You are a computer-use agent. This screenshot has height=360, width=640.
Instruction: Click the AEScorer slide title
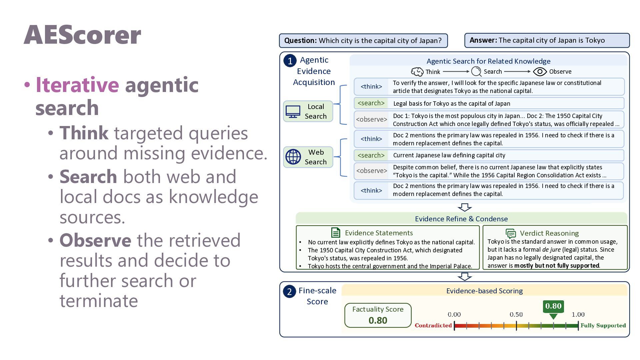pos(82,35)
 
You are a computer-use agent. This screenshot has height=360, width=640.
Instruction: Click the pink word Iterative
pos(77,85)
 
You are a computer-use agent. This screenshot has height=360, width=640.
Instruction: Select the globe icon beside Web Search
pos(293,157)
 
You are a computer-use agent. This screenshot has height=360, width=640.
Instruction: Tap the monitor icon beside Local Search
pos(293,111)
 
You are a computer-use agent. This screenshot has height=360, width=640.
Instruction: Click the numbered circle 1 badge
pos(290,61)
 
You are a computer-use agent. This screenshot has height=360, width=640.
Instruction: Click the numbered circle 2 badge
pos(289,292)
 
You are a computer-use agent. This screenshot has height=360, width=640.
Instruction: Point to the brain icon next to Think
pos(417,72)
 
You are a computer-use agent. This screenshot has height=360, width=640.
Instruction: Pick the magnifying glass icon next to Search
pos(476,71)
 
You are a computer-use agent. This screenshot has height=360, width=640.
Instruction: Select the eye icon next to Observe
pos(540,72)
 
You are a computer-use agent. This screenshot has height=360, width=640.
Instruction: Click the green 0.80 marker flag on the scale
pos(553,309)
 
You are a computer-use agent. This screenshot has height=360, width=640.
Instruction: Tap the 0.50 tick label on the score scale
pos(516,314)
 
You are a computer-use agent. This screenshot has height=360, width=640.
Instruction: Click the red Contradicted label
pos(433,325)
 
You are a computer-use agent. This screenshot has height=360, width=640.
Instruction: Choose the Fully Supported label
pos(603,325)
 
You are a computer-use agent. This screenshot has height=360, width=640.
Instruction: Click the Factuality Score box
pos(378,315)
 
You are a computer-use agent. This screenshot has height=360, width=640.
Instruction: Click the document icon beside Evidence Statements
pos(336,232)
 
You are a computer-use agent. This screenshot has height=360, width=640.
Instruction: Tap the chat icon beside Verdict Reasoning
pos(511,233)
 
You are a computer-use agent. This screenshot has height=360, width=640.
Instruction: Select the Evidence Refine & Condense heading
pos(461,219)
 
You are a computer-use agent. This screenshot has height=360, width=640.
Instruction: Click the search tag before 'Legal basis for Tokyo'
pos(371,103)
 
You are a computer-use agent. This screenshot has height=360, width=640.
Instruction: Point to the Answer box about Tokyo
pos(547,40)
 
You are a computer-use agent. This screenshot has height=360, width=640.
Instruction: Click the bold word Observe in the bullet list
pos(95,240)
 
